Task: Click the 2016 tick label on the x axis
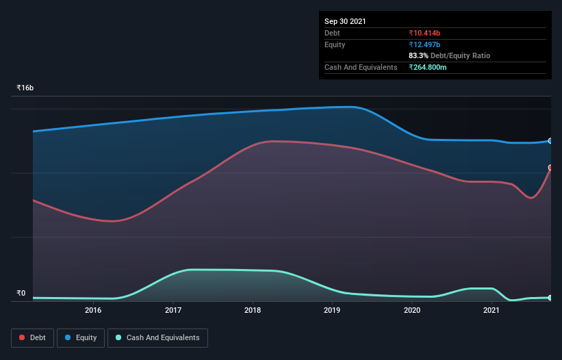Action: click(x=93, y=311)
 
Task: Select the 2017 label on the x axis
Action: click(x=173, y=311)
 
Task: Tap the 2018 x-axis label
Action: click(x=253, y=311)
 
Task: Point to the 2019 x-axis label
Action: click(x=332, y=311)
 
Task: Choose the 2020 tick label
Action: click(x=412, y=311)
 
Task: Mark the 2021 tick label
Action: click(x=491, y=311)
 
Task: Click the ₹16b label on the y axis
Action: click(x=25, y=88)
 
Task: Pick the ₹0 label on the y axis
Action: click(x=21, y=294)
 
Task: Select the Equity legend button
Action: click(x=80, y=337)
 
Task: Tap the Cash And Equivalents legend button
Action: click(x=157, y=337)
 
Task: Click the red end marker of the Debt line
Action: click(x=550, y=168)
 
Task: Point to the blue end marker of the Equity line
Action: click(x=550, y=141)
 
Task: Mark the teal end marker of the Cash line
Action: click(x=550, y=298)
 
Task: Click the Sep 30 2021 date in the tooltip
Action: click(x=345, y=21)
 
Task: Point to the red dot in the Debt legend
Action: click(x=23, y=337)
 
